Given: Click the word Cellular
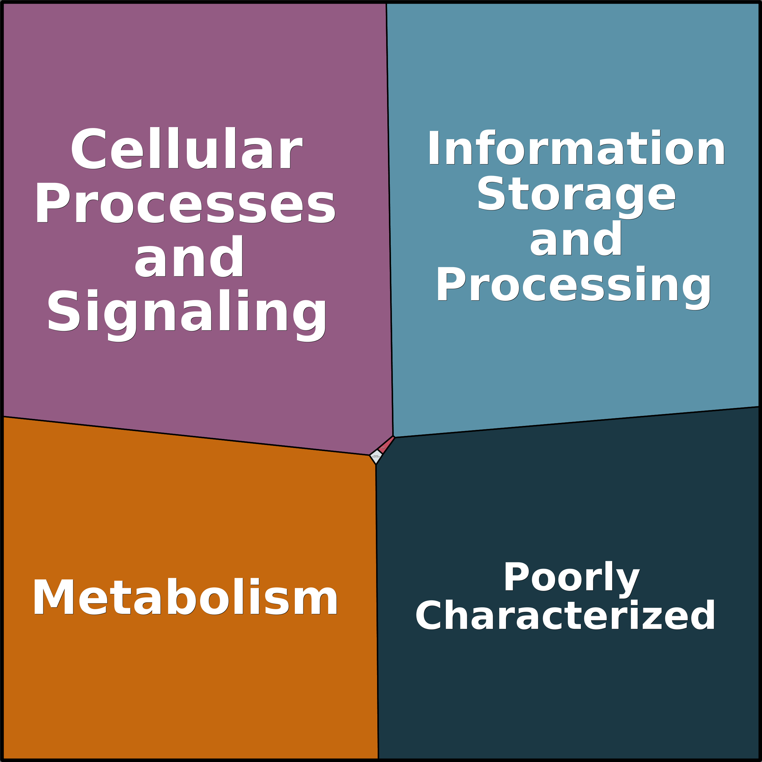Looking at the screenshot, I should pyautogui.click(x=186, y=149).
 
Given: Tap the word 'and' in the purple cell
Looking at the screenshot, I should pyautogui.click(x=189, y=257).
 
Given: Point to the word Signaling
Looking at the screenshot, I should pyautogui.click(x=187, y=312).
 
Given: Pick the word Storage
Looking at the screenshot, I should pyautogui.click(x=576, y=193).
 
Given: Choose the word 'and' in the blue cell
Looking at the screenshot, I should pyautogui.click(x=576, y=239).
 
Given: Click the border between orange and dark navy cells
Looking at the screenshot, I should pyautogui.click(x=377, y=611).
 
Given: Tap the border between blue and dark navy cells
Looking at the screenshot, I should pyautogui.click(x=576, y=422).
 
